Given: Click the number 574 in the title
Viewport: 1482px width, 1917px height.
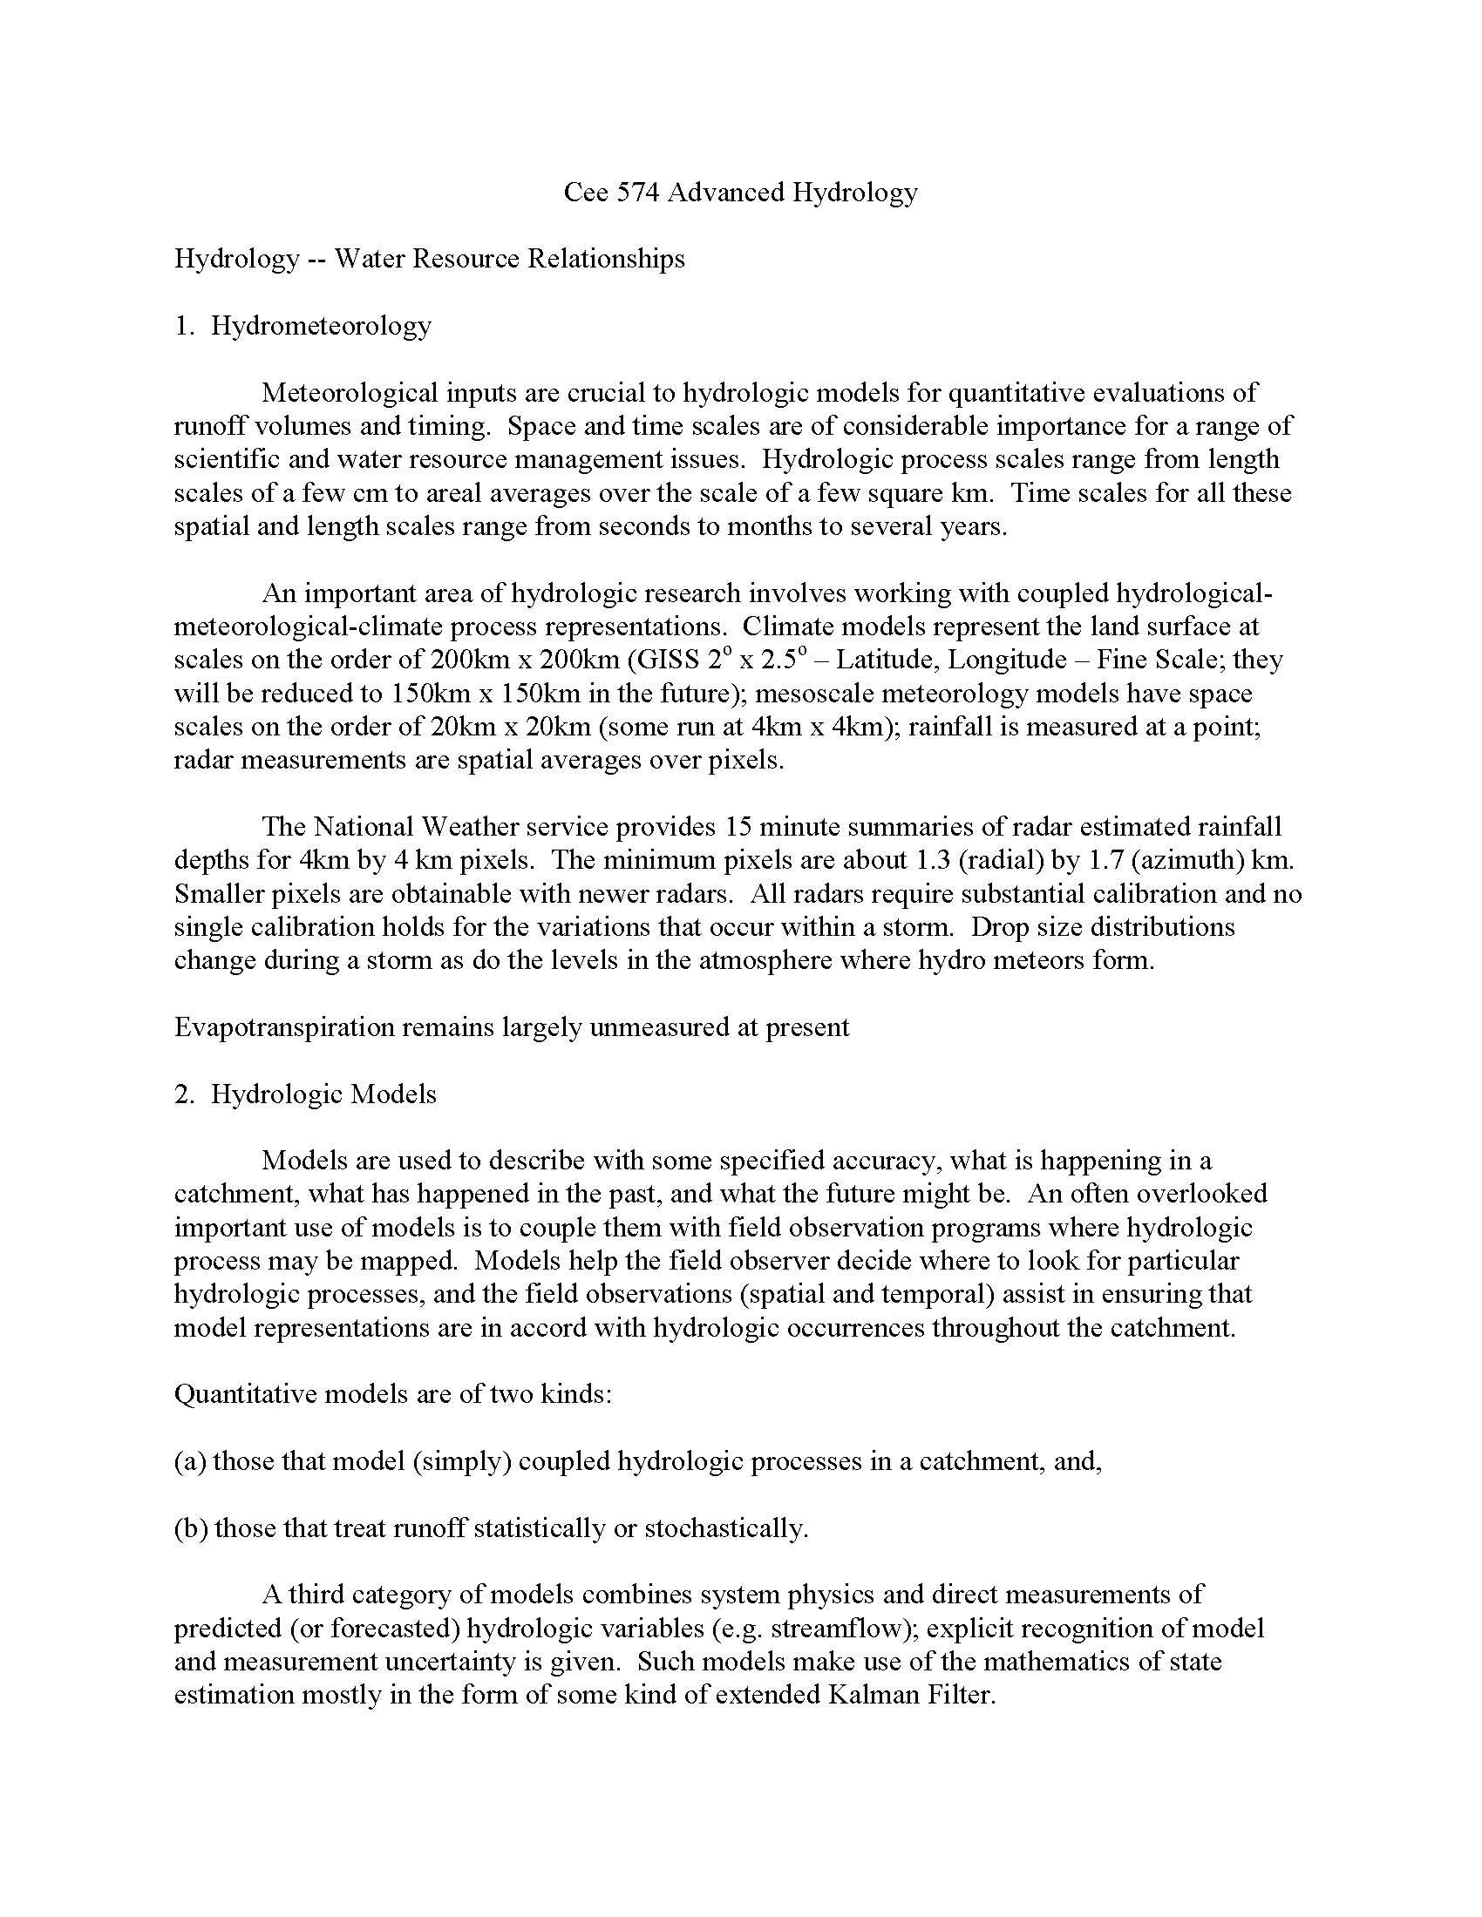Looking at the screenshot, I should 638,193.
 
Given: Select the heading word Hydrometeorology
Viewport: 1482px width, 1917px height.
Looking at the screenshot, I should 322,326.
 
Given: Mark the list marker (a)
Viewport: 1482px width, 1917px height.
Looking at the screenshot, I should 191,1461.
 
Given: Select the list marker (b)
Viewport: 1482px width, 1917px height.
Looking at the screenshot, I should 192,1528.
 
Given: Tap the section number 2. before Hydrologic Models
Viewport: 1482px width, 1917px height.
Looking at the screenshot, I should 183,1094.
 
